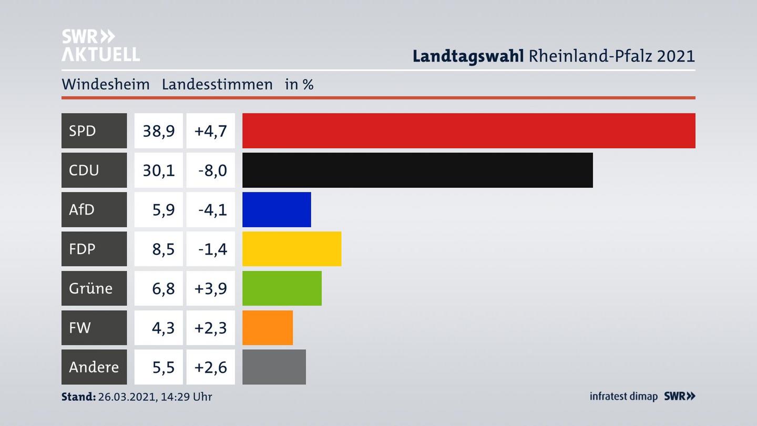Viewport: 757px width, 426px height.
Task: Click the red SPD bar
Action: pyautogui.click(x=468, y=130)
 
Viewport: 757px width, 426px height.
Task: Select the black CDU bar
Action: pyautogui.click(x=417, y=170)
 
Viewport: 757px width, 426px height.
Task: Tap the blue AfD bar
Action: pyautogui.click(x=277, y=209)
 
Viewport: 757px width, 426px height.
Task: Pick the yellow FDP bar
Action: pyautogui.click(x=292, y=249)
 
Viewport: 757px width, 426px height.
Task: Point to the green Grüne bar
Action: pyautogui.click(x=282, y=288)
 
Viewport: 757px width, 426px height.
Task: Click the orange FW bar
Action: pyautogui.click(x=268, y=328)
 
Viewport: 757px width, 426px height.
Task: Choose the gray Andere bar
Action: pyautogui.click(x=274, y=367)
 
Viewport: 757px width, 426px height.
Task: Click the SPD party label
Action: pyautogui.click(x=83, y=130)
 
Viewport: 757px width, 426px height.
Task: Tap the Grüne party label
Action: pyautogui.click(x=90, y=288)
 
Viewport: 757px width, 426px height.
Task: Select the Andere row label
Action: pyautogui.click(x=94, y=367)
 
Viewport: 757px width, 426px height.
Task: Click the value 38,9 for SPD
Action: pyautogui.click(x=159, y=130)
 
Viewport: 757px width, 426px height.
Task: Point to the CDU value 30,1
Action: pyautogui.click(x=159, y=170)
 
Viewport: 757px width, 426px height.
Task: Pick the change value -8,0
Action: pyautogui.click(x=212, y=170)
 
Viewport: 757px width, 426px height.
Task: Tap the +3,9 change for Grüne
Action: pyautogui.click(x=210, y=288)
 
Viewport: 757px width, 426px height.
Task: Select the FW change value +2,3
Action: pyautogui.click(x=210, y=328)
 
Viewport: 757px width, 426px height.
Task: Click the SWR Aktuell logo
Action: pyautogui.click(x=100, y=45)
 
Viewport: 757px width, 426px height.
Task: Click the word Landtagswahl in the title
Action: pyautogui.click(x=468, y=56)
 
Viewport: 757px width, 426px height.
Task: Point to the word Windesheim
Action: pyautogui.click(x=106, y=84)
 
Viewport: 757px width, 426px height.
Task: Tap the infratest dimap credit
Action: pyautogui.click(x=623, y=396)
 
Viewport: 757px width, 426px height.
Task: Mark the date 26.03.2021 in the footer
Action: pyautogui.click(x=126, y=397)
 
